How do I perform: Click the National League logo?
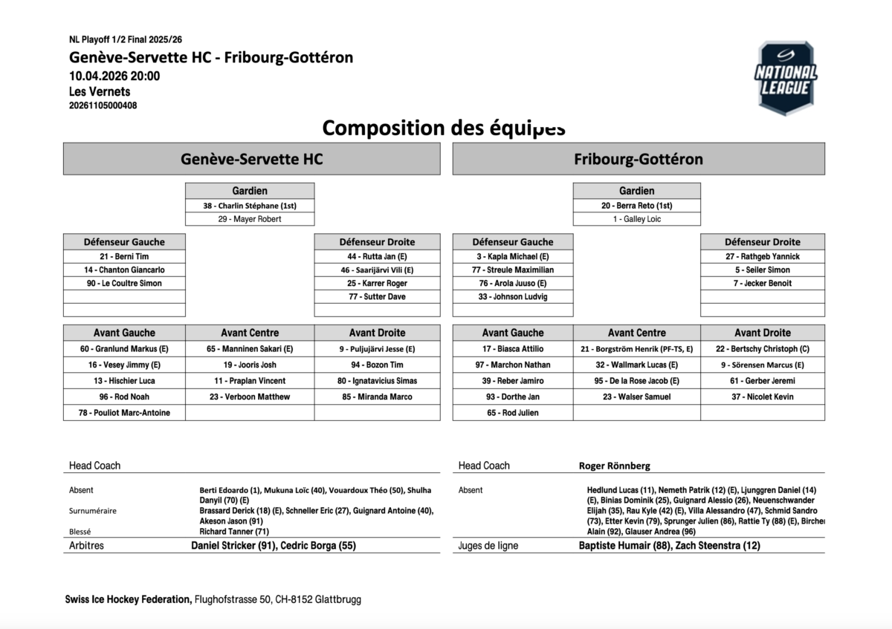(786, 78)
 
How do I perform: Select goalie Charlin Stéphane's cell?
(250, 206)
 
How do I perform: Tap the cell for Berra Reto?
(637, 206)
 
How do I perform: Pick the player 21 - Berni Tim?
(124, 256)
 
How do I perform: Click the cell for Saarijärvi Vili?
(377, 270)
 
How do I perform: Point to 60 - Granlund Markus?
(124, 349)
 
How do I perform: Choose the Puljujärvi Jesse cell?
(377, 349)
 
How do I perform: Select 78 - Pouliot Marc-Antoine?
(124, 413)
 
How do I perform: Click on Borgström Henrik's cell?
(637, 349)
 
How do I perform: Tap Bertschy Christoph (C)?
(763, 349)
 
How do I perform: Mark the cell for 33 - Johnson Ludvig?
(512, 296)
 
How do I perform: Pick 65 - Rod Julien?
(512, 413)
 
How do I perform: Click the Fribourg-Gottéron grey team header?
(639, 159)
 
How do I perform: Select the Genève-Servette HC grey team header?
(251, 159)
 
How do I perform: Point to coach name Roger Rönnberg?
(615, 466)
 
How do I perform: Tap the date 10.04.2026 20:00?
(114, 76)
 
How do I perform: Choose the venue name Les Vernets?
(100, 91)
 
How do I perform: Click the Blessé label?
(81, 531)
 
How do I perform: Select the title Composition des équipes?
(444, 128)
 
